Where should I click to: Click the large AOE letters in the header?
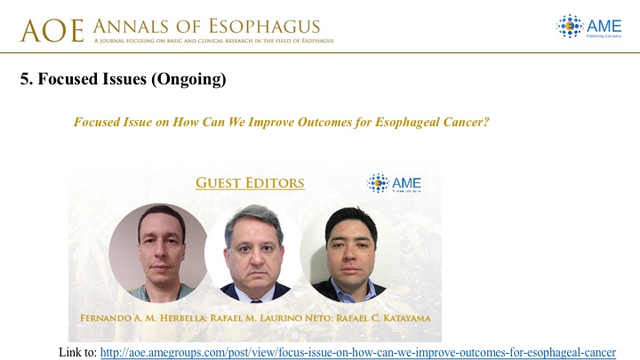pyautogui.click(x=52, y=31)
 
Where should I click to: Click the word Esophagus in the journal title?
pyautogui.click(x=265, y=26)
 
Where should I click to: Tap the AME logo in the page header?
pyautogui.click(x=589, y=26)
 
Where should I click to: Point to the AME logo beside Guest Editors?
pyautogui.click(x=394, y=183)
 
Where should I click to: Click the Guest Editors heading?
pyautogui.click(x=250, y=183)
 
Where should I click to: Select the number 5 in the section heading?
pyautogui.click(x=25, y=79)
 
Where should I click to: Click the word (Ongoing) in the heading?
pyautogui.click(x=188, y=79)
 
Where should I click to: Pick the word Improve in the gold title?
pyautogui.click(x=271, y=123)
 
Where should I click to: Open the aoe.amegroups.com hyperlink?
pyautogui.click(x=358, y=352)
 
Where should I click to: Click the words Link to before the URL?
pyautogui.click(x=77, y=352)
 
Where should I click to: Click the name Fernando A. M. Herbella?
pyautogui.click(x=143, y=318)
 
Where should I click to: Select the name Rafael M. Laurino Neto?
pyautogui.click(x=270, y=318)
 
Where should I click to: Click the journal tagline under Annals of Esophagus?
pyautogui.click(x=213, y=41)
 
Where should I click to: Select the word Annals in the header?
pyautogui.click(x=130, y=27)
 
